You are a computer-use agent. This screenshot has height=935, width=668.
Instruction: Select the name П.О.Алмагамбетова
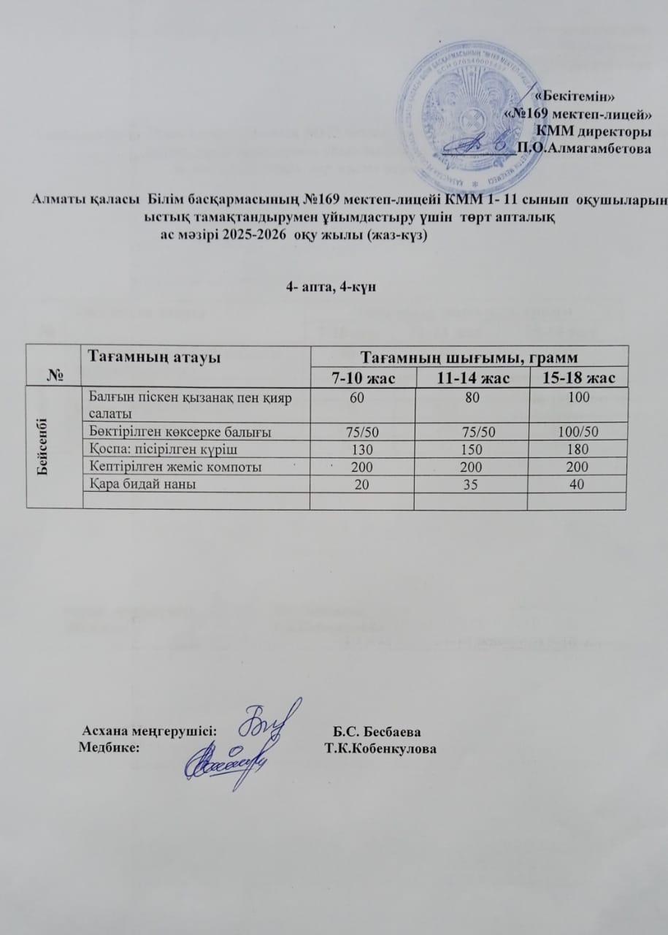click(x=583, y=149)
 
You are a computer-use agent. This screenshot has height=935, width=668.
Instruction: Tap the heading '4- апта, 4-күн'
click(x=331, y=287)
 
